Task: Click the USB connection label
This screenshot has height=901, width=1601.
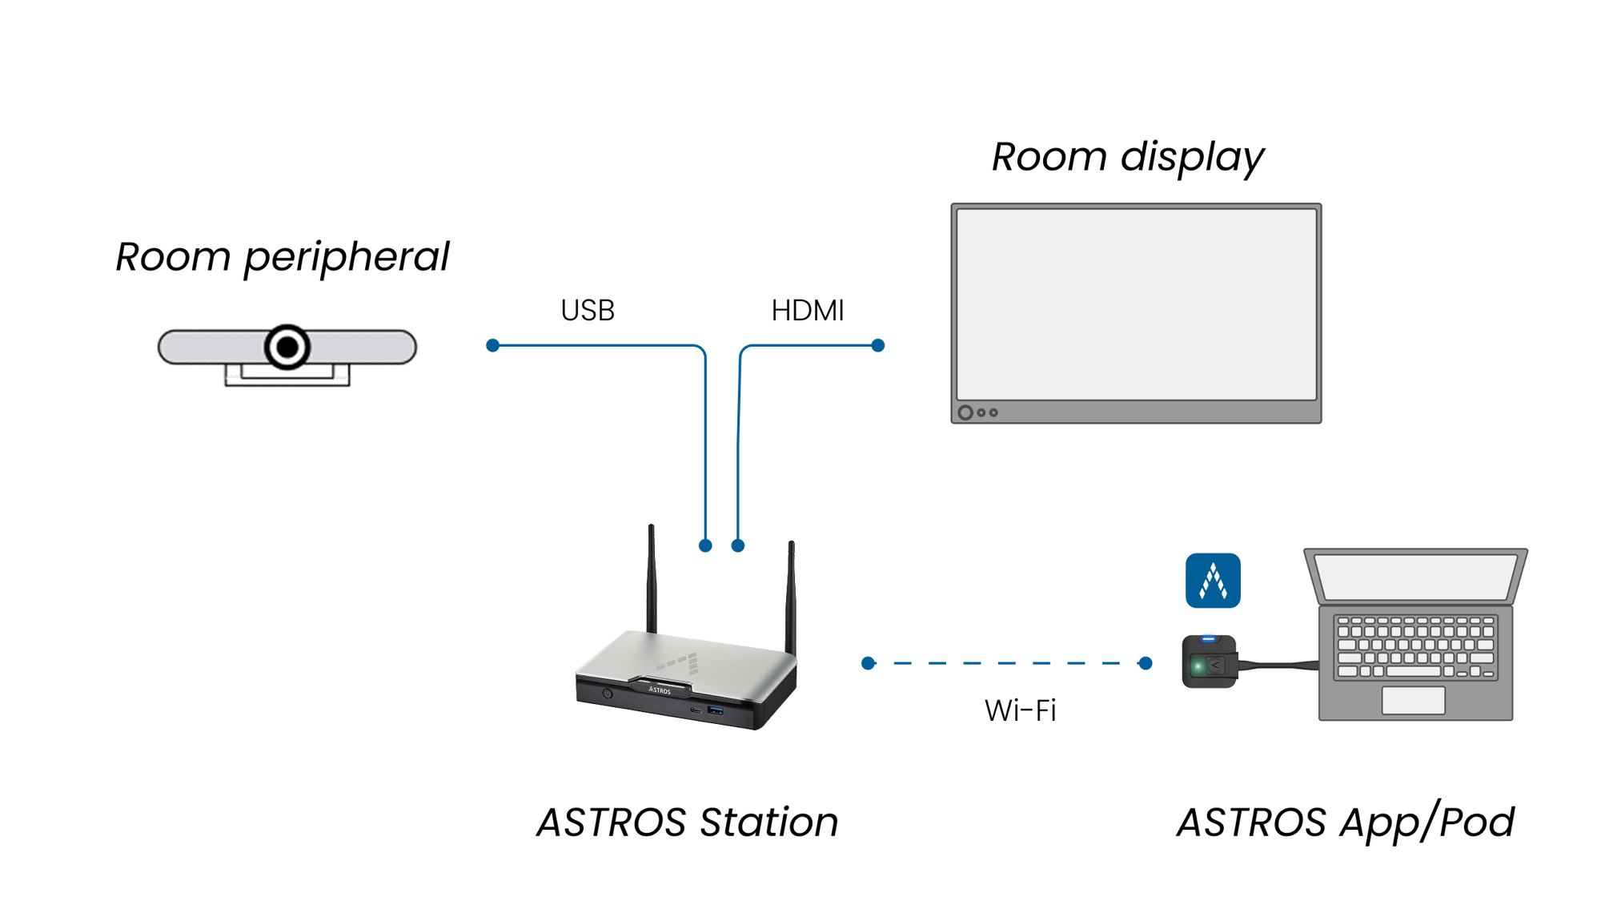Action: click(588, 311)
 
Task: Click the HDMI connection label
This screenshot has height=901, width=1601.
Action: click(808, 311)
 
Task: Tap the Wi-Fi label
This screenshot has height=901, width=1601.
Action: click(1020, 710)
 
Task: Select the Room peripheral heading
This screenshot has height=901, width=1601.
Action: click(283, 257)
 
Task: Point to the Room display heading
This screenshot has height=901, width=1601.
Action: click(1128, 157)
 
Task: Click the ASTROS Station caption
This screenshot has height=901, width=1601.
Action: click(688, 823)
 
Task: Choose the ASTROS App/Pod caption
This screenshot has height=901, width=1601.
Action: click(1346, 823)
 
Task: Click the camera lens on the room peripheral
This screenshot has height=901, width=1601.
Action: click(287, 348)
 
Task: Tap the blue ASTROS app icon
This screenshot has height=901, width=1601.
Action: click(1213, 581)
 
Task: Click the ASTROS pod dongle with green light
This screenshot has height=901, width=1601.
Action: click(1209, 662)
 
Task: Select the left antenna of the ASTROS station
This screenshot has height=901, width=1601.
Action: click(652, 577)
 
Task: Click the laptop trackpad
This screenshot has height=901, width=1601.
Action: click(1413, 700)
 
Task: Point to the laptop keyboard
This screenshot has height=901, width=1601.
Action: click(1415, 646)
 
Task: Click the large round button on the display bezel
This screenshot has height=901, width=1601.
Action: click(965, 412)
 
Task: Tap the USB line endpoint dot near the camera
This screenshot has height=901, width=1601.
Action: click(493, 345)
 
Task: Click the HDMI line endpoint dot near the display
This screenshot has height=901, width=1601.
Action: click(878, 345)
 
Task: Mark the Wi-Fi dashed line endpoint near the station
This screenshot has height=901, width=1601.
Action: click(869, 663)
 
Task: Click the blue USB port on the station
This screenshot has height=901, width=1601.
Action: click(716, 710)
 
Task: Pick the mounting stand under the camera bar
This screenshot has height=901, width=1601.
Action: click(287, 376)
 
